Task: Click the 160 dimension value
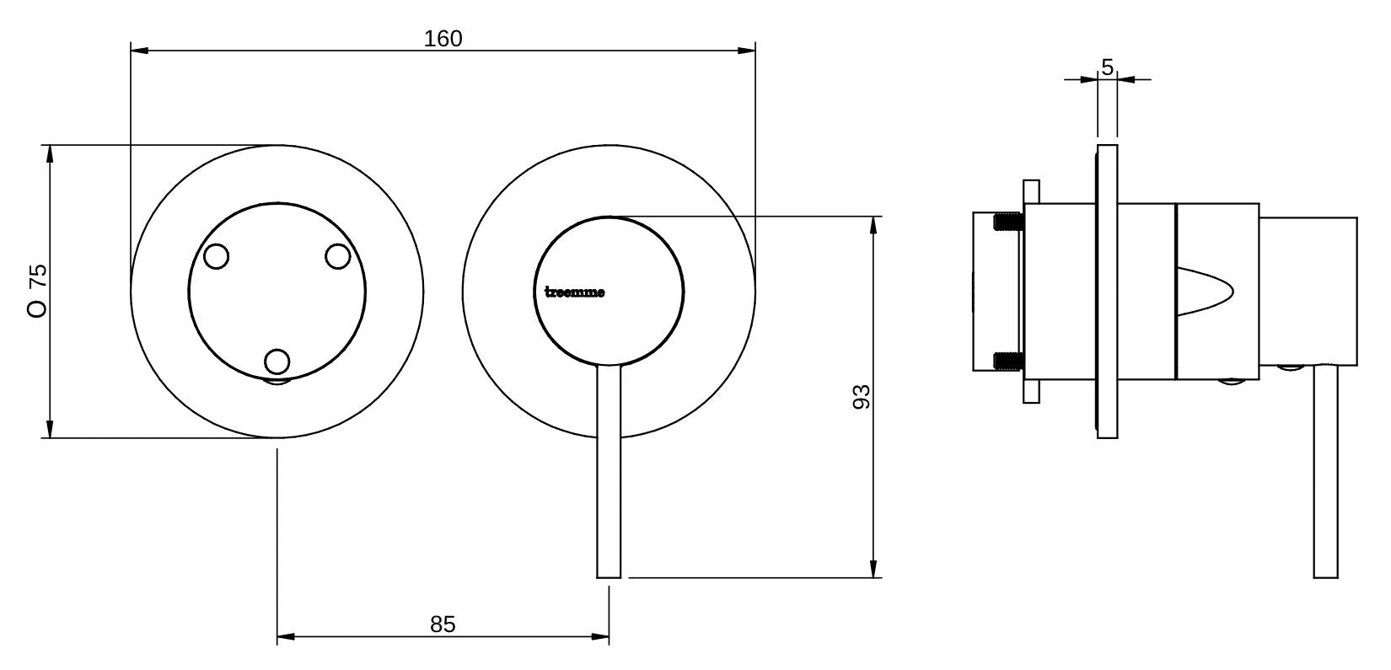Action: pos(443,39)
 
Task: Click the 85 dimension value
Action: pos(443,624)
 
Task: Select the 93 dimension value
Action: pos(861,397)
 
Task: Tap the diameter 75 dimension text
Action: pos(38,290)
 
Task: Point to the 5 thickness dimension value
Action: pos(1107,67)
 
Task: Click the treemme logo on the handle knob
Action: pos(574,293)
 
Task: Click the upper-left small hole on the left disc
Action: pos(217,256)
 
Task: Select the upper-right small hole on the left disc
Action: pos(337,256)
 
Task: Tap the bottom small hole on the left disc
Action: pos(277,362)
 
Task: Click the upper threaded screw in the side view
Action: pos(1008,223)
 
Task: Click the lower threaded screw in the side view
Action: pos(1008,361)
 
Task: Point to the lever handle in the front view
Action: pos(610,472)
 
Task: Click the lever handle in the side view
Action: pos(1325,472)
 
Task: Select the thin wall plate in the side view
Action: pos(1107,292)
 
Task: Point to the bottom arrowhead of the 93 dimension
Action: pos(874,571)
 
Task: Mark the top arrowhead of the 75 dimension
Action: pos(50,153)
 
